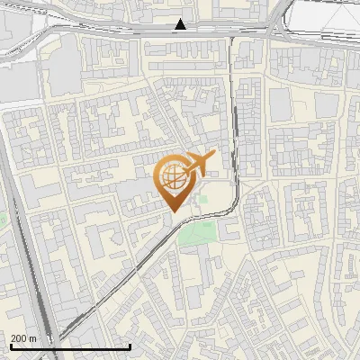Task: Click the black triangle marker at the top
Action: [x=182, y=24]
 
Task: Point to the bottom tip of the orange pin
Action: [x=172, y=211]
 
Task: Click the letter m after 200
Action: [x=33, y=338]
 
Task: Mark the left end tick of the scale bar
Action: [x=10, y=345]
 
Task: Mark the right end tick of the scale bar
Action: [x=130, y=345]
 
